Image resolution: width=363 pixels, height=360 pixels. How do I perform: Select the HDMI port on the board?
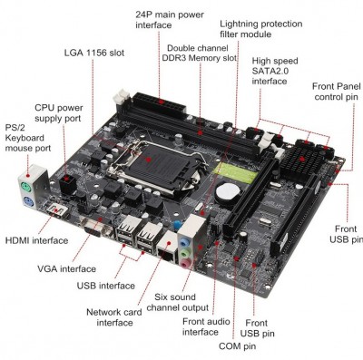56,210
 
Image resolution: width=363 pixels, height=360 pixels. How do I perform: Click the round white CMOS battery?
227,191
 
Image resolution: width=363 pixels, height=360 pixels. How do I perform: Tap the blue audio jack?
183,243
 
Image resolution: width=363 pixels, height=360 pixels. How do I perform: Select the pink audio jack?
186,264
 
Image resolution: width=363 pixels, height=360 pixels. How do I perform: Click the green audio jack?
185,254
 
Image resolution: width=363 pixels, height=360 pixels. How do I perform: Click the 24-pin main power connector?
159,103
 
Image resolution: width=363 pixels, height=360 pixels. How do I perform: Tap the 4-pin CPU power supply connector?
67,183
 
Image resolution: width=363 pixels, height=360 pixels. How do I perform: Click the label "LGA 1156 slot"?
94,53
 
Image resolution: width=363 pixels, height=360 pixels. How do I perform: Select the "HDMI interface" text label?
36,240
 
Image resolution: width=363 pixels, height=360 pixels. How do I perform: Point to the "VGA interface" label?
66,268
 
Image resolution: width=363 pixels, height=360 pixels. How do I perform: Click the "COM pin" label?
238,346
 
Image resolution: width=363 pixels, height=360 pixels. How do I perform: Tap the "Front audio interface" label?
206,326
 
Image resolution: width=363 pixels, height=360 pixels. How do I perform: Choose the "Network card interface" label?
114,317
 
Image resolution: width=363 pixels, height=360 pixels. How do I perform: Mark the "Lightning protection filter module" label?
261,29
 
